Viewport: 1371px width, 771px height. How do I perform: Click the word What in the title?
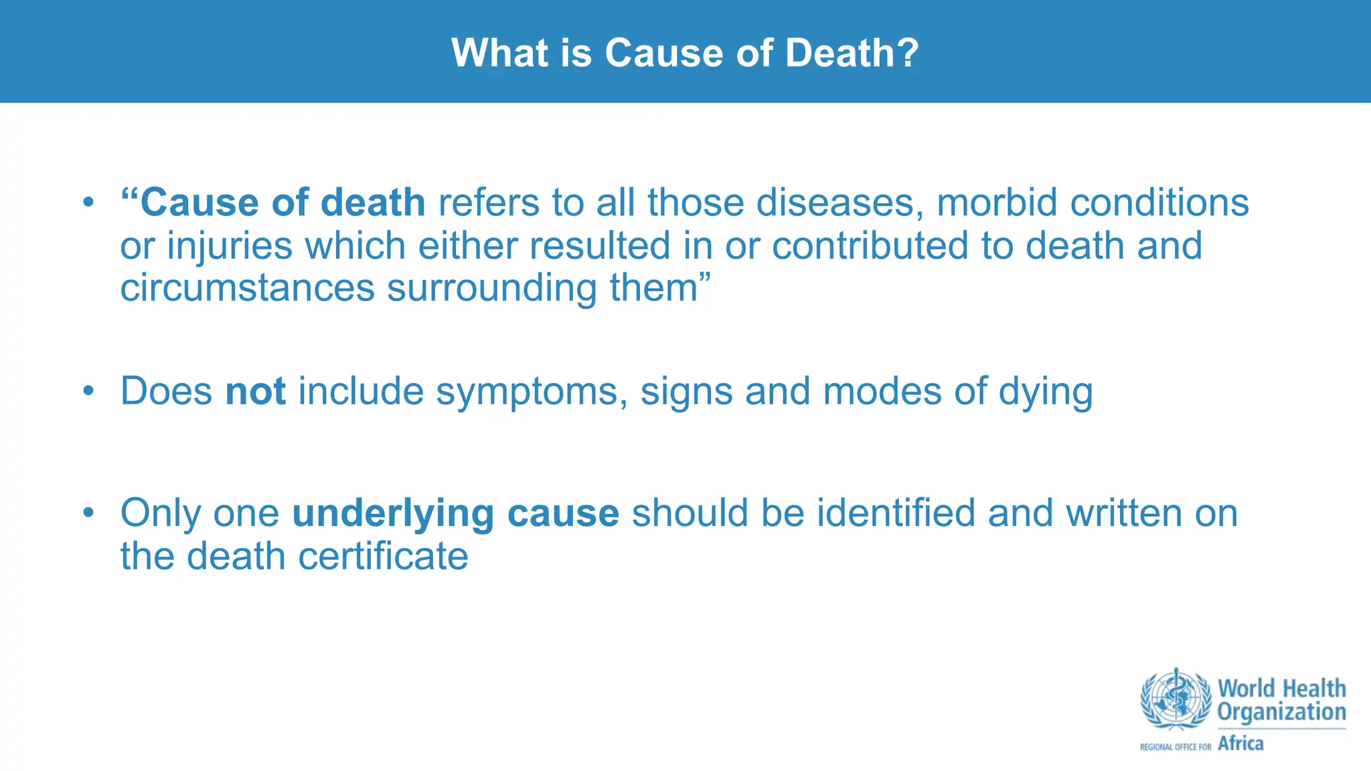(499, 53)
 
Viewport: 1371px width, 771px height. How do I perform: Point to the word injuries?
(230, 246)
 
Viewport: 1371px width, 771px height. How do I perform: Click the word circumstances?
(247, 288)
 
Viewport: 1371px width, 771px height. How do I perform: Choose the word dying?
(1046, 392)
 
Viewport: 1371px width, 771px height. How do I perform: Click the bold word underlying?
(393, 514)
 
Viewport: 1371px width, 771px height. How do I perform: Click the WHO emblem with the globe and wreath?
(1176, 699)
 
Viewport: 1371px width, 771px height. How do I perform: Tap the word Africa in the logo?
(1240, 744)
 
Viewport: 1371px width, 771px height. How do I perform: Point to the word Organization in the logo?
(1281, 712)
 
